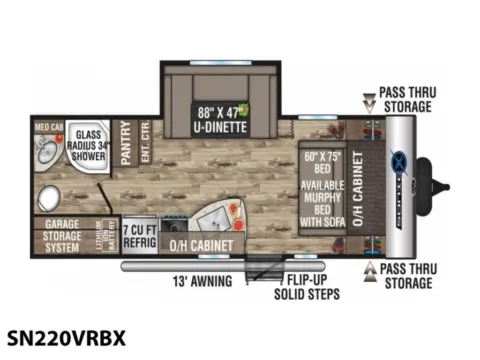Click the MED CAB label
click(49, 127)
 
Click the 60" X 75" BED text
click(324, 162)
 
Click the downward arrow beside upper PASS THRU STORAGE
click(369, 101)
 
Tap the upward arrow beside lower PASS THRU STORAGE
click(369, 271)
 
